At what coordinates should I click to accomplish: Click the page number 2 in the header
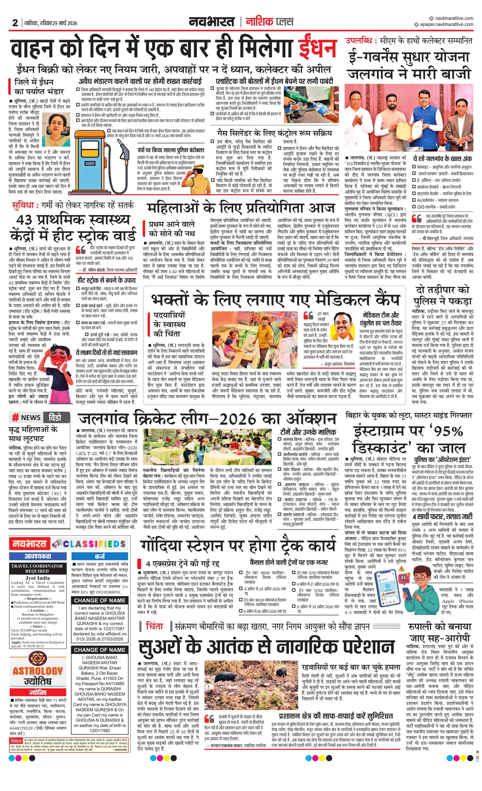(15, 23)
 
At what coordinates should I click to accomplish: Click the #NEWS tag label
(26, 417)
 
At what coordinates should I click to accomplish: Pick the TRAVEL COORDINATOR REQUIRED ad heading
(37, 569)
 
